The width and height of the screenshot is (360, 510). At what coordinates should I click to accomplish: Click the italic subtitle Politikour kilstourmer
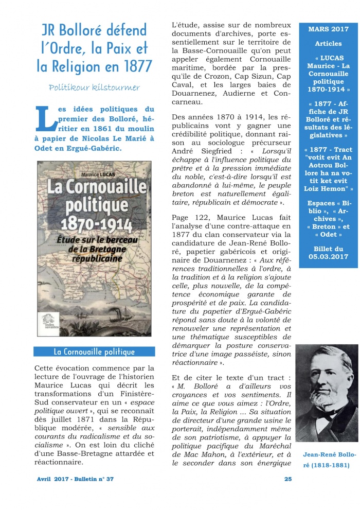(94, 87)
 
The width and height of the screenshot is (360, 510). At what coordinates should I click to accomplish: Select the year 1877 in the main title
(135, 66)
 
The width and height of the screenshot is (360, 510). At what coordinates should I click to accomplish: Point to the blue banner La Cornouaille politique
(94, 352)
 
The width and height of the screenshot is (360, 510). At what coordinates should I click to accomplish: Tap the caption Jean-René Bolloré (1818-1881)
(327, 460)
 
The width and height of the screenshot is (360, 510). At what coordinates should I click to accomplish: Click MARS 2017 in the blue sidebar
(329, 29)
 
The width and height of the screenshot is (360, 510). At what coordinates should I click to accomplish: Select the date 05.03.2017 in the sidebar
(329, 256)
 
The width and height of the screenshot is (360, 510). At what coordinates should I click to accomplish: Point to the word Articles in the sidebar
(328, 44)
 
